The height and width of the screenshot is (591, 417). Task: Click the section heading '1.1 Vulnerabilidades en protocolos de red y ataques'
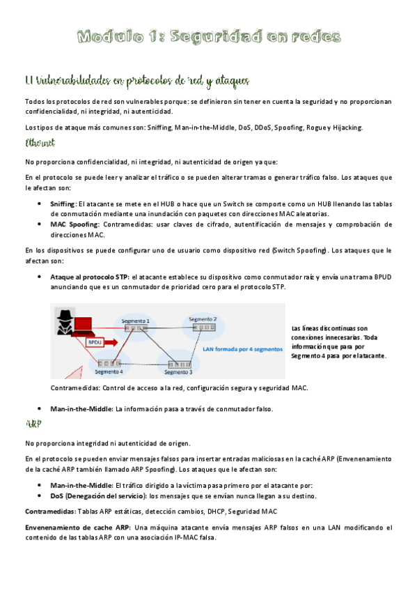pos(136,82)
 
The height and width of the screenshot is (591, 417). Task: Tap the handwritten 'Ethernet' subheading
pos(40,144)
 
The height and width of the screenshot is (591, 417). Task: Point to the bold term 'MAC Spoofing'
pos(75,224)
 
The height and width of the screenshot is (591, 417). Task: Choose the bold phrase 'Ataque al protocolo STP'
pos(88,277)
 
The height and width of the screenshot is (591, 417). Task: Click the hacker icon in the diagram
pos(65,322)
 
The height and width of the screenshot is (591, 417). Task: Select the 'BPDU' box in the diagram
pos(95,342)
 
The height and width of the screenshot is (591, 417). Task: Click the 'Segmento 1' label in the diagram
pos(136,320)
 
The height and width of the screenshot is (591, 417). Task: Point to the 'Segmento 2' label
pos(203,318)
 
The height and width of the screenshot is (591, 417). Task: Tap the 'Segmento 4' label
pos(109,371)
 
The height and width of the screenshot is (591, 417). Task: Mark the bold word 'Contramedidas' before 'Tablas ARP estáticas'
pos(50,512)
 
